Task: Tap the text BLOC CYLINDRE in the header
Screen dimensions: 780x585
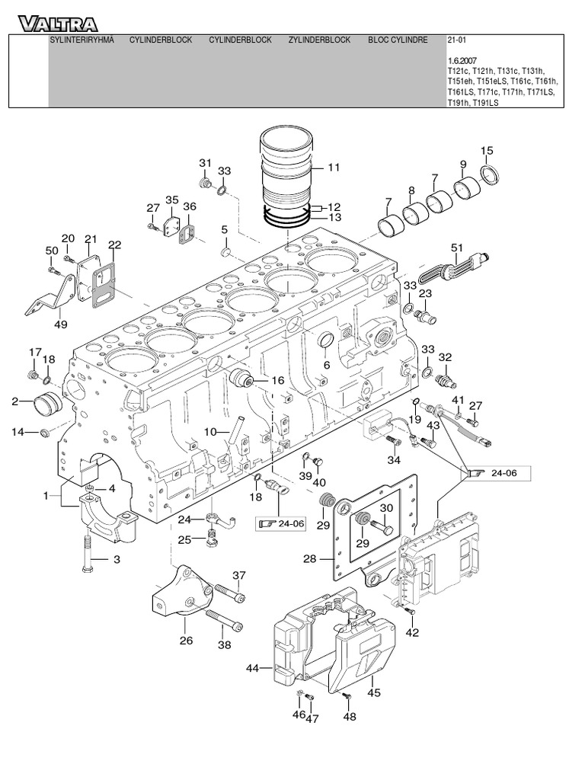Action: point(398,40)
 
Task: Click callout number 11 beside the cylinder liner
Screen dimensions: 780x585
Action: point(334,167)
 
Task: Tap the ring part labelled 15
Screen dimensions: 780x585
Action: point(491,175)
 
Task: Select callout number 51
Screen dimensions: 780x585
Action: point(457,247)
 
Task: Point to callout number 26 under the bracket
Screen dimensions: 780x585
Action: point(186,641)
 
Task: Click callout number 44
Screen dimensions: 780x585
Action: point(253,668)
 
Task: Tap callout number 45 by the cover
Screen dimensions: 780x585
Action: point(373,692)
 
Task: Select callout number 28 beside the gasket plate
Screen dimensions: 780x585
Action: point(308,559)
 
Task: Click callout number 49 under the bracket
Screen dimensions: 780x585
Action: point(61,324)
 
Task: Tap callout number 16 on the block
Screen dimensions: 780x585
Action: point(277,380)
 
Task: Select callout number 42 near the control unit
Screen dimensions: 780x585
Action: point(412,631)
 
